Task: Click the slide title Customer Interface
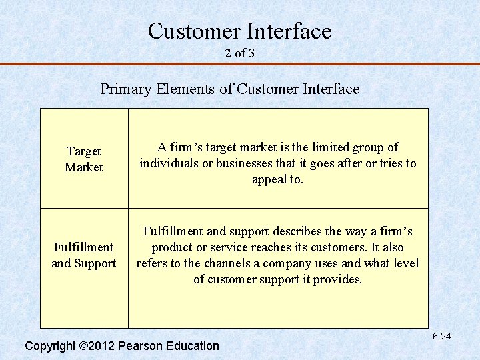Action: point(239,31)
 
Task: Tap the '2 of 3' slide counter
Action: point(239,53)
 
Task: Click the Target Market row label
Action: point(83,159)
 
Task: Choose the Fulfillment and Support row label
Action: point(83,255)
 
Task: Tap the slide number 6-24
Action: point(441,336)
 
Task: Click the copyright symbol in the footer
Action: point(83,346)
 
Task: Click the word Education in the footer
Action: point(191,346)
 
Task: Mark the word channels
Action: point(225,263)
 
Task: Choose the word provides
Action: point(337,279)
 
